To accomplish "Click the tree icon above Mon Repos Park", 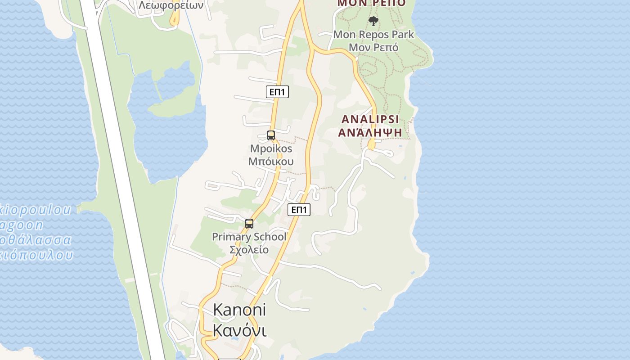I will coord(373,21).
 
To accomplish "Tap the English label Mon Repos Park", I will coord(373,34).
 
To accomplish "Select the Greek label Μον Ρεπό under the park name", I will coord(373,47).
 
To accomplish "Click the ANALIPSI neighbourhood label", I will coord(370,119).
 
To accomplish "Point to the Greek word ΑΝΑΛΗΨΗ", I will coord(370,132).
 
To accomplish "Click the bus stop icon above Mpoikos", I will coord(271,135).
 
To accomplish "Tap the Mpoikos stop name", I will coord(271,148).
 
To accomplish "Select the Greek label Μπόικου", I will coord(271,161).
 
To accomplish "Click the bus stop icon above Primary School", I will coord(249,223).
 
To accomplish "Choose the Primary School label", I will coord(249,237).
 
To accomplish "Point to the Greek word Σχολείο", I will coord(249,250).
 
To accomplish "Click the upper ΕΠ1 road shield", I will coord(277,92).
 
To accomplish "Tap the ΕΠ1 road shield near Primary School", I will coord(299,209).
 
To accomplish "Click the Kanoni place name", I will coord(239,310).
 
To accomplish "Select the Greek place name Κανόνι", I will coord(239,330).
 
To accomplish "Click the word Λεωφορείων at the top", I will coord(171,5).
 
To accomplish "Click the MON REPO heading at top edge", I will coord(371,3).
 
